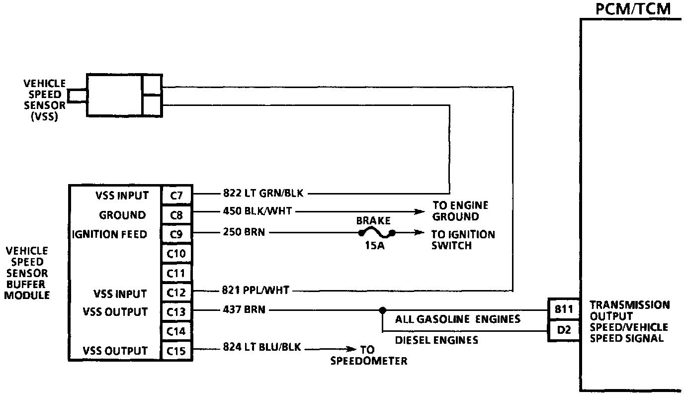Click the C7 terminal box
pyautogui.click(x=176, y=196)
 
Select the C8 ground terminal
pyautogui.click(x=176, y=215)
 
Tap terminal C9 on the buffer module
pyautogui.click(x=176, y=234)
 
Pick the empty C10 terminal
pyautogui.click(x=176, y=254)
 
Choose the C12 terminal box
pyautogui.click(x=176, y=293)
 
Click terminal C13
pyautogui.click(x=176, y=312)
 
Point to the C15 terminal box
pyautogui.click(x=176, y=351)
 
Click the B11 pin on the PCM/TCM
pyautogui.click(x=562, y=309)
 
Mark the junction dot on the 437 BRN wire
pyautogui.click(x=382, y=310)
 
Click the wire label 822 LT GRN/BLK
pyautogui.click(x=263, y=194)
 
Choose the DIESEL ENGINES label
pyautogui.click(x=436, y=340)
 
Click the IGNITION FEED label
pyautogui.click(x=110, y=234)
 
